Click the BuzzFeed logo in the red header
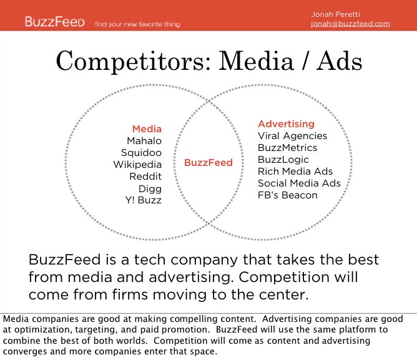pos(55,22)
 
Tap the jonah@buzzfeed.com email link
pos(350,24)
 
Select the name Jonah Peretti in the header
pos(335,14)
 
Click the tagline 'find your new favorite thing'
pos(137,24)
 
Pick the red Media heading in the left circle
pos(147,129)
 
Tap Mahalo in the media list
pos(144,140)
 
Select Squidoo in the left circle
pos(141,153)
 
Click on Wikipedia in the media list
pos(137,165)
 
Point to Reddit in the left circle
pos(145,177)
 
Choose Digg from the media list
pos(150,189)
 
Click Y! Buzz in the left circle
pos(144,200)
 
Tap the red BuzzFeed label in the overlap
pos(208,162)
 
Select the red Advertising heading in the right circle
pos(286,124)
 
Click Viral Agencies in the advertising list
pos(292,136)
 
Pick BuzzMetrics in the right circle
pos(287,148)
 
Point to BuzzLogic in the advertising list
pos(283,160)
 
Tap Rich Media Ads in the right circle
pos(295,171)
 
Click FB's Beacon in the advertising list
pos(288,195)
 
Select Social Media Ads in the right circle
pos(299,183)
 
